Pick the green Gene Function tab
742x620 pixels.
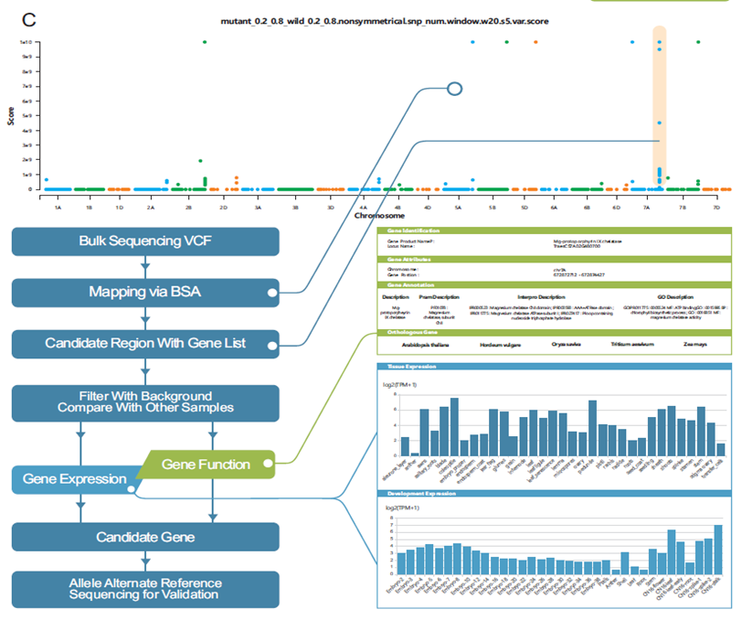[x=206, y=465]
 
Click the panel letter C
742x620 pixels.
[x=27, y=18]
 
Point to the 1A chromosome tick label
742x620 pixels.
[x=58, y=208]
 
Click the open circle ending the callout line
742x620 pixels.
[x=454, y=89]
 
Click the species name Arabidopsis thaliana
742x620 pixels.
[x=418, y=346]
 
